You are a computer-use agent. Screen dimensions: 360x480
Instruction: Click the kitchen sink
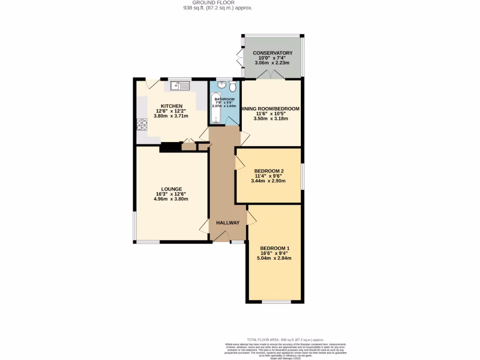pos(180,85)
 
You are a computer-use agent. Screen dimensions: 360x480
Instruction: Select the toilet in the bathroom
pos(232,86)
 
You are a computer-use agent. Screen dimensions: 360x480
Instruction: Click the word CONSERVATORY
pos(272,53)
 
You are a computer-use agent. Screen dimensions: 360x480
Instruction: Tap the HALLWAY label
pos(228,223)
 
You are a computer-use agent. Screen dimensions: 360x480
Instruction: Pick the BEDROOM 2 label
pos(269,171)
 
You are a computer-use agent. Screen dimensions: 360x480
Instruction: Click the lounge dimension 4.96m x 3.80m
pos(171,199)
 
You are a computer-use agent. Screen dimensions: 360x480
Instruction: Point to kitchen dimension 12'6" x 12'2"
pos(172,111)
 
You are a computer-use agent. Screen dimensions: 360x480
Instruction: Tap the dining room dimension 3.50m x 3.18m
pos(271,119)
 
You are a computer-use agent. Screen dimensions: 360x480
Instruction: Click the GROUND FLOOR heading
pos(218,3)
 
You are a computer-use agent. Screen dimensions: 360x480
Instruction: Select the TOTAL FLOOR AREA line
pos(285,340)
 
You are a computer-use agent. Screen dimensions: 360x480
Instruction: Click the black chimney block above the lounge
pos(170,147)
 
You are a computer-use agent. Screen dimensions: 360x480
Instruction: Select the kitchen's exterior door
pos(153,83)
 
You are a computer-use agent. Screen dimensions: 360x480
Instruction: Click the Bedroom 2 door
pos(239,163)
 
